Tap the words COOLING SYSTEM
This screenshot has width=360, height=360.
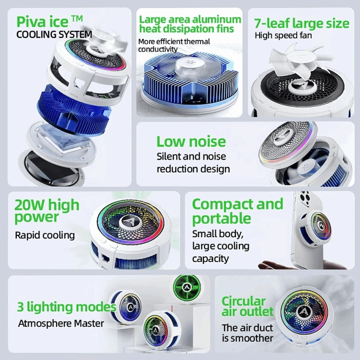pyautogui.click(x=54, y=35)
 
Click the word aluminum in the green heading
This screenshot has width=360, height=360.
pyautogui.click(x=217, y=20)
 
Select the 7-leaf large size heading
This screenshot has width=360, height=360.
pyautogui.click(x=301, y=23)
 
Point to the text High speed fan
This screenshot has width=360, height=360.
pyautogui.click(x=283, y=35)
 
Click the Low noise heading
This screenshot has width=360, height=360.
pyautogui.click(x=191, y=142)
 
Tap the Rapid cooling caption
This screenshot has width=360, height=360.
pyautogui.click(x=45, y=235)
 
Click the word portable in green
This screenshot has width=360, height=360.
pyautogui.click(x=222, y=218)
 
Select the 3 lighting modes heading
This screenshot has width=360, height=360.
pyautogui.click(x=67, y=307)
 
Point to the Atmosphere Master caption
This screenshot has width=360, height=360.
pyautogui.click(x=61, y=323)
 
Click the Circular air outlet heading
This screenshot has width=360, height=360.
pyautogui.click(x=247, y=306)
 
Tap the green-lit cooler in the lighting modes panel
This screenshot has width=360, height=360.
pyautogui.click(x=187, y=287)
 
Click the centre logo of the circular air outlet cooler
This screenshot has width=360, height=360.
pyautogui.click(x=303, y=312)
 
